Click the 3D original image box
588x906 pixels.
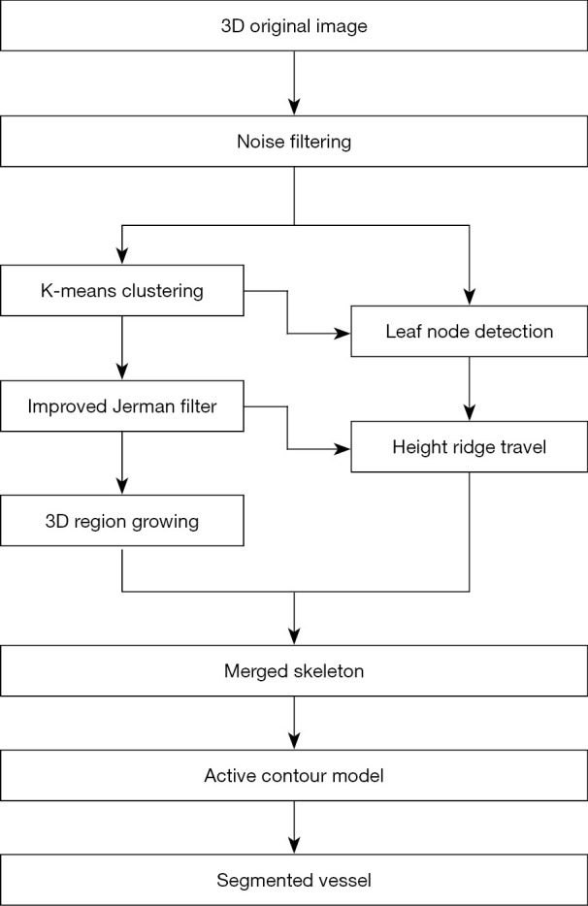click(294, 26)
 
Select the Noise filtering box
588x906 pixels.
click(294, 143)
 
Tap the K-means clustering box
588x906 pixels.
click(121, 290)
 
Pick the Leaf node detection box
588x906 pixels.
click(470, 332)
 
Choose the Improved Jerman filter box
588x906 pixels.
click(121, 406)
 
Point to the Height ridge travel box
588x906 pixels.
click(470, 447)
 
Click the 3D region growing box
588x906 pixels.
click(121, 522)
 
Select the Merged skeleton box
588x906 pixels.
click(294, 670)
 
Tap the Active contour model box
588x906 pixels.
click(294, 776)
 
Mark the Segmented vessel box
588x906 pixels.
click(294, 881)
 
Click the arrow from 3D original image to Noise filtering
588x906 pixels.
click(294, 83)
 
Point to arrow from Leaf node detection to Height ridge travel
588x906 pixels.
click(470, 388)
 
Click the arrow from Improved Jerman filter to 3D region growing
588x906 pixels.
click(121, 464)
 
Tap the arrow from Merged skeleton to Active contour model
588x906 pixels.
click(294, 723)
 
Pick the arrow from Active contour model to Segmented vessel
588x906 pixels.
click(294, 828)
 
